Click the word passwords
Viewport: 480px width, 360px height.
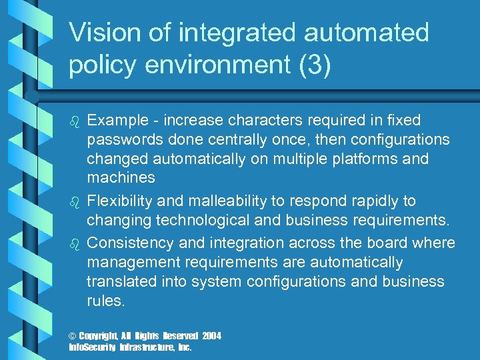(x=123, y=140)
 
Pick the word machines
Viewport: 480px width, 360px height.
(x=120, y=178)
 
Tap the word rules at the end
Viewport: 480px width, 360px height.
(x=105, y=301)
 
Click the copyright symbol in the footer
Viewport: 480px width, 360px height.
(x=73, y=336)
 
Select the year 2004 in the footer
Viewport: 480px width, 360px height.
(x=212, y=336)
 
